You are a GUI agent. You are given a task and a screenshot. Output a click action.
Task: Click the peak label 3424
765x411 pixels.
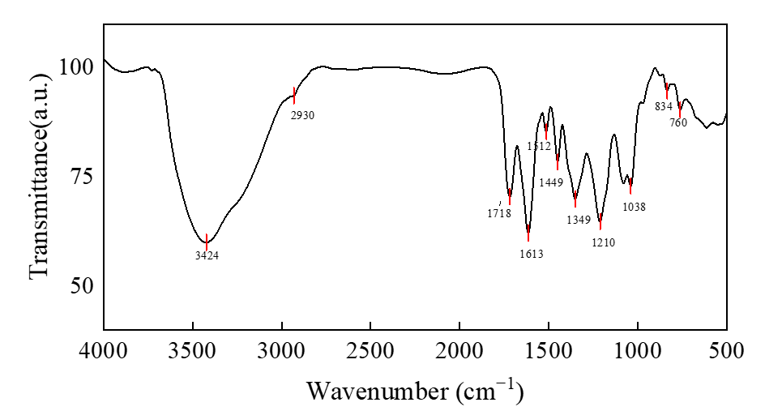[x=206, y=255]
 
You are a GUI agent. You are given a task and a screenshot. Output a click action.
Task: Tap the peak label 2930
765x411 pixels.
[x=302, y=115]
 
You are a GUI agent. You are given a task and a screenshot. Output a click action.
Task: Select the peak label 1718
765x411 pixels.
[x=498, y=213]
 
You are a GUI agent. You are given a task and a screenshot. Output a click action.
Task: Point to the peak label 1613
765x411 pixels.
[x=531, y=254]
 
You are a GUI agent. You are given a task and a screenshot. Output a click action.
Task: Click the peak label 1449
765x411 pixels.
[x=551, y=182]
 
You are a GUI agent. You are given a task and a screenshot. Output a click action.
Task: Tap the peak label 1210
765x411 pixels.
[x=603, y=242]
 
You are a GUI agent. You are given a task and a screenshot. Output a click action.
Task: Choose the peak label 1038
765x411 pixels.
[x=634, y=207]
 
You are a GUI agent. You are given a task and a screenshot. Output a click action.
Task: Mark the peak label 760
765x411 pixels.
[x=678, y=122]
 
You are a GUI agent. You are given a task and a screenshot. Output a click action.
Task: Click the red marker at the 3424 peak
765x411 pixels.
[x=206, y=242]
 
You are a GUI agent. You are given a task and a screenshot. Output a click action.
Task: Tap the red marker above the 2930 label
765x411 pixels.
[x=293, y=95]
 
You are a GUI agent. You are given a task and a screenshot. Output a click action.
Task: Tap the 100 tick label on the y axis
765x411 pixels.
[x=79, y=66]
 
